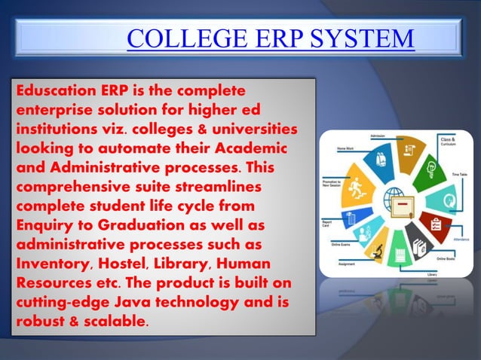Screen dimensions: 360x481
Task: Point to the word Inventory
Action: [x=49, y=267]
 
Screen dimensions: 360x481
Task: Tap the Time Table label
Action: [x=458, y=174]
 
